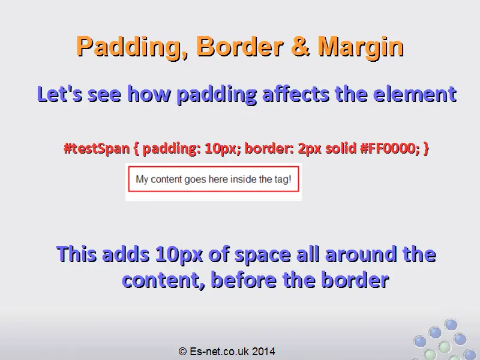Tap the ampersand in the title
(x=301, y=46)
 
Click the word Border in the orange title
(x=239, y=46)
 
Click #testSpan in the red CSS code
(x=97, y=148)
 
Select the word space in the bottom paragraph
(x=263, y=254)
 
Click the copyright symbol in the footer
(x=182, y=352)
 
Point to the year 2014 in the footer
(x=264, y=352)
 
